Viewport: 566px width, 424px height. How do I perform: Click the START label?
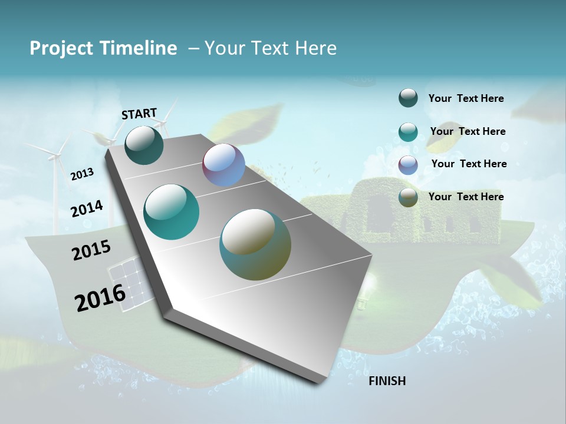pos(139,114)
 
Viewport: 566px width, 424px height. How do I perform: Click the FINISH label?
pos(387,381)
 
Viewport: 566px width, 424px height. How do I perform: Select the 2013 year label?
pos(82,174)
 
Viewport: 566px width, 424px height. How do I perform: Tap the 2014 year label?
pos(87,208)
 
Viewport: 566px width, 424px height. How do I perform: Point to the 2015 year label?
pos(91,250)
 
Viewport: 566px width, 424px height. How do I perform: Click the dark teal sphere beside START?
pos(144,145)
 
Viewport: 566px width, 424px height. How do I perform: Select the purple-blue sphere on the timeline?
pos(223,165)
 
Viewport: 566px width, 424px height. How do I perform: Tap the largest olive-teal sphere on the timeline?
pos(255,244)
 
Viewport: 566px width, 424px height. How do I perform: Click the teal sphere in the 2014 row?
pos(171,212)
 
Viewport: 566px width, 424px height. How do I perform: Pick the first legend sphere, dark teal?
pos(408,98)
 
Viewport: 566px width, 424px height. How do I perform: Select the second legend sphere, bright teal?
pos(408,132)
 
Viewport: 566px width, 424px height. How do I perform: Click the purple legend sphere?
pos(408,164)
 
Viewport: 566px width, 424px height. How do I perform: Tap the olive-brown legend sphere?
pos(408,197)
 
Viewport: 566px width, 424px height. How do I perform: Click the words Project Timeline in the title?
pos(103,48)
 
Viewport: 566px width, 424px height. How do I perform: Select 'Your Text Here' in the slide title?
pos(271,48)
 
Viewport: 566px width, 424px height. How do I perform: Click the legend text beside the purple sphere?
pos(469,164)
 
